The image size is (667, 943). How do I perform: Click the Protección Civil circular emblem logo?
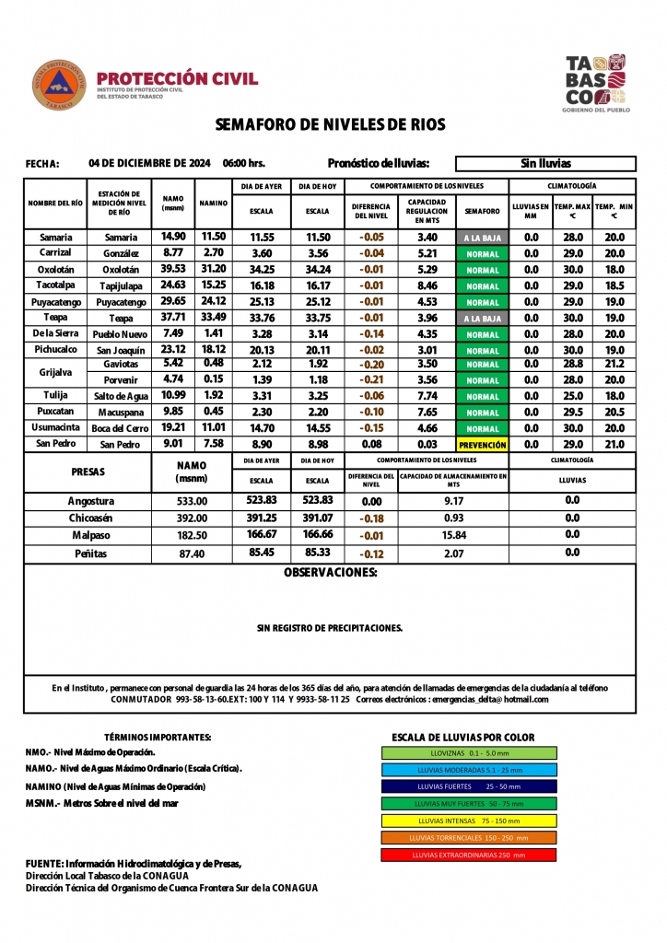point(59,84)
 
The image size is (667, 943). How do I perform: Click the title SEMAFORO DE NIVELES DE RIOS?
point(330,124)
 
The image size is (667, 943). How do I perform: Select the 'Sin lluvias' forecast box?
point(545,164)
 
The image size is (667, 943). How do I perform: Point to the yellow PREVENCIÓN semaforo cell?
point(483,445)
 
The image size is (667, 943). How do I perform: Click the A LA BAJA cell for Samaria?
point(483,238)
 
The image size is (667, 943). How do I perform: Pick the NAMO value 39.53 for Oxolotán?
point(173,269)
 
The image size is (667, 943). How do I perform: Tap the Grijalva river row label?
point(57,371)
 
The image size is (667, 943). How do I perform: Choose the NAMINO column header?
point(214,203)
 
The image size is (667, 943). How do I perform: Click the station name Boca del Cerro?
point(121,428)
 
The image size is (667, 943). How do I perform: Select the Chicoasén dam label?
point(91,518)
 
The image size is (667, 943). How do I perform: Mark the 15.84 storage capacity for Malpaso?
point(453,535)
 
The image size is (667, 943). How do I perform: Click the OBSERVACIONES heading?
point(331,573)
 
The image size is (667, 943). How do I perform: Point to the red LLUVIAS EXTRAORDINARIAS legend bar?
point(469,855)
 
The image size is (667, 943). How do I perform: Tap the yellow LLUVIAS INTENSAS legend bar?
point(469,821)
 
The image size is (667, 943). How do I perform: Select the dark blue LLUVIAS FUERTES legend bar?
point(469,786)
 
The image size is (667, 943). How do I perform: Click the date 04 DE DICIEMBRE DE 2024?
point(150,163)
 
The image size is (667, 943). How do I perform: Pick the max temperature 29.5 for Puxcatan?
point(573,412)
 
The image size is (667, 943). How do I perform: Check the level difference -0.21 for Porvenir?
point(371,379)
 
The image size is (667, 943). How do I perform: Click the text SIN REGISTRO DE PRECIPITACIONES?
point(330,628)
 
